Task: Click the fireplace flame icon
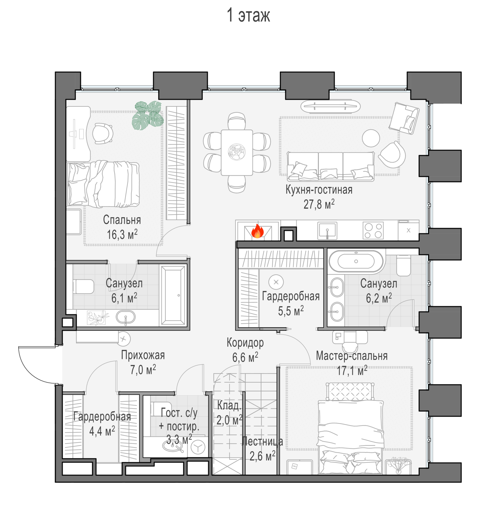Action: pos(257,231)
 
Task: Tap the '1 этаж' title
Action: pos(248,16)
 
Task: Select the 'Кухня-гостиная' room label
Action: pos(319,190)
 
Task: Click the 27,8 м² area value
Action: pos(319,204)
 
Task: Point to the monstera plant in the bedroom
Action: pos(148,115)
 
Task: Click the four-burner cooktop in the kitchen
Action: pos(373,231)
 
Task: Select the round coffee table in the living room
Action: pos(371,138)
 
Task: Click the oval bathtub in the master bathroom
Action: pos(356,262)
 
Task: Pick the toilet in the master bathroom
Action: pos(404,266)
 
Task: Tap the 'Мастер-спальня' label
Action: pos(352,356)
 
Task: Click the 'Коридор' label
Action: pos(245,343)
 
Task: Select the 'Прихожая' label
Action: pos(143,355)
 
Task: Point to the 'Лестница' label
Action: pos(262,442)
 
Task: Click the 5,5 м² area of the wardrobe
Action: pos(291,311)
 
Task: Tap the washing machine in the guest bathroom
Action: pos(198,448)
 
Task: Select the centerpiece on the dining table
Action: pos(237,152)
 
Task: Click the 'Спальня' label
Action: pos(122,220)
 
